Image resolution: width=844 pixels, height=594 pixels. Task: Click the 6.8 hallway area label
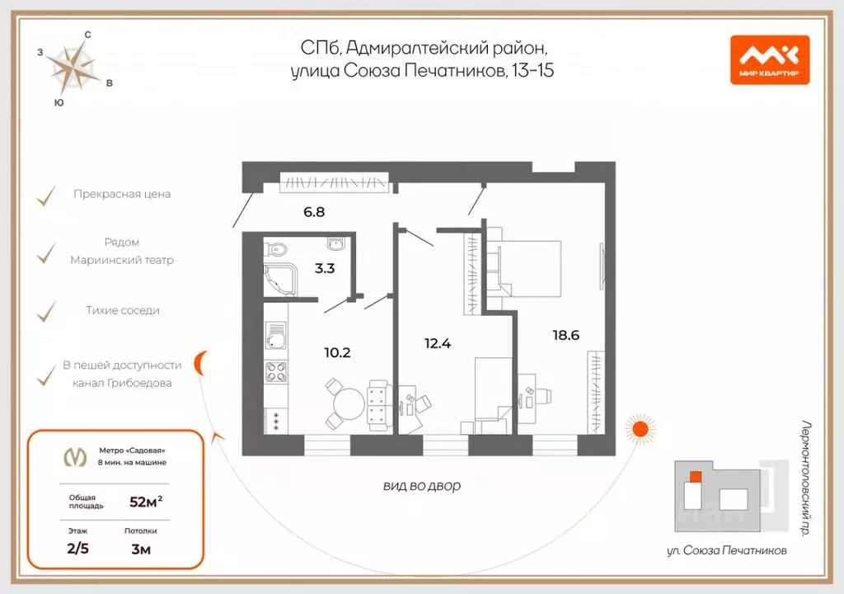(x=313, y=211)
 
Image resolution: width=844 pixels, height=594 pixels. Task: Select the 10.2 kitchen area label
(x=337, y=352)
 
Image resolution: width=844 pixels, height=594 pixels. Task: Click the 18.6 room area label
(x=566, y=335)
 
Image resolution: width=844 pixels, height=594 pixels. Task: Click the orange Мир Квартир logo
(x=769, y=60)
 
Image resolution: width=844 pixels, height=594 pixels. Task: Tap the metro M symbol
(x=76, y=456)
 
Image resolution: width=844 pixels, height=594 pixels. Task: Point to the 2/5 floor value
(x=79, y=549)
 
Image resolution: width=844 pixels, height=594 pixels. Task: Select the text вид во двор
(x=422, y=486)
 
